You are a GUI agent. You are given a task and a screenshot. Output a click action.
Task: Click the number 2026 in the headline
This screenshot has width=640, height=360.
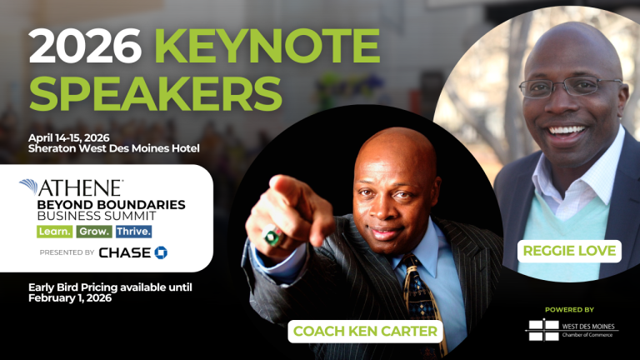[x=85, y=46]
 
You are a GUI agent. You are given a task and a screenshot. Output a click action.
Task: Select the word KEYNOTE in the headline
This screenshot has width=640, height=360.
[x=267, y=46]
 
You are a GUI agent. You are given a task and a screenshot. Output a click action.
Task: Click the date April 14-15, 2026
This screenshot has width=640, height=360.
[x=69, y=138]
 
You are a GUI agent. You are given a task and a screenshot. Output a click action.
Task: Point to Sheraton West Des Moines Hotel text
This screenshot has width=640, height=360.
[x=114, y=148]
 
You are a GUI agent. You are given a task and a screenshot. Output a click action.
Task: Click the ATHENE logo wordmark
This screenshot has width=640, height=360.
[x=72, y=187]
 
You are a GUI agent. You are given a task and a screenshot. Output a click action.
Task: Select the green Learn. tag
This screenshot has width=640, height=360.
[x=55, y=232]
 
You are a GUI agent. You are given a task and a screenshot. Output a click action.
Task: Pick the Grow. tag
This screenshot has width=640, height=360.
[x=94, y=232]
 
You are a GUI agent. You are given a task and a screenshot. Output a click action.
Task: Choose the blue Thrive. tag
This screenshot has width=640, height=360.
[x=133, y=232]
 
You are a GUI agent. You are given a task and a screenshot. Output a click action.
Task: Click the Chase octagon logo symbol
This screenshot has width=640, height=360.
[x=161, y=252]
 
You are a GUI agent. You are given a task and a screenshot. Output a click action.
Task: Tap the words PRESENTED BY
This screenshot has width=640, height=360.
[x=67, y=252]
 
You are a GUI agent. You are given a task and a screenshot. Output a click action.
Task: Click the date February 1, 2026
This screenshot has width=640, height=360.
[x=70, y=298]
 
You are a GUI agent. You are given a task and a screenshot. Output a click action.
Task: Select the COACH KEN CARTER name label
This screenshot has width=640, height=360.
[x=365, y=331]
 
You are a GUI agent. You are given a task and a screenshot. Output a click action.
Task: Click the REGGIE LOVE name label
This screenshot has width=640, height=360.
[x=569, y=251]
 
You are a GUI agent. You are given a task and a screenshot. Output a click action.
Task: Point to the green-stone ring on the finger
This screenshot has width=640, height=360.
[x=274, y=237]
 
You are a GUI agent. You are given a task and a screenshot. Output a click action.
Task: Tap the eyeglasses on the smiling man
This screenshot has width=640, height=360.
[x=571, y=87]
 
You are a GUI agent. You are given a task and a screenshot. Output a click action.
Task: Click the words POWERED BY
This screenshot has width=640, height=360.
[x=569, y=310]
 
